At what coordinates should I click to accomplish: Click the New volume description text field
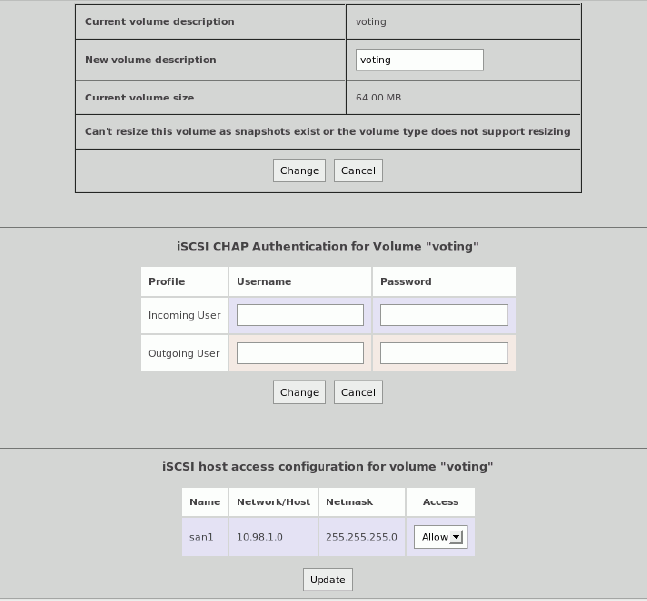coord(419,60)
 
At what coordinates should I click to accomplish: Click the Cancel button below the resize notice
coord(358,171)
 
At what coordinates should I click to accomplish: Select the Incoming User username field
coord(301,315)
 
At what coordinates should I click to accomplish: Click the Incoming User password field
coord(443,315)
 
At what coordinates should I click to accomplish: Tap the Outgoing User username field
coord(301,353)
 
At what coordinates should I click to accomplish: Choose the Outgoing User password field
coord(443,353)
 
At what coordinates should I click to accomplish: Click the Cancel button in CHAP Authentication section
coord(358,392)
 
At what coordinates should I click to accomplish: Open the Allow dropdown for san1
coord(440,537)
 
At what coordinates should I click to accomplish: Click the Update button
coord(327,579)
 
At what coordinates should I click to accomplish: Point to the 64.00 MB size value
coord(379,98)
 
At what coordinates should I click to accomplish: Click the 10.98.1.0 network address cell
coord(260,537)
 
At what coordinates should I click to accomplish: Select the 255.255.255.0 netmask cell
coord(362,537)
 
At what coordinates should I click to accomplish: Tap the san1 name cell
coord(201,537)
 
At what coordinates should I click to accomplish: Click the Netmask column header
coord(349,502)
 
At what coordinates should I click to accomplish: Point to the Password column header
coord(406,282)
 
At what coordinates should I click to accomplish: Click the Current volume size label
coord(139,98)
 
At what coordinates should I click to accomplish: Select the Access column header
coord(440,502)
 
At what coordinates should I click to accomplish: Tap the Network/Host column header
coord(274,502)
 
